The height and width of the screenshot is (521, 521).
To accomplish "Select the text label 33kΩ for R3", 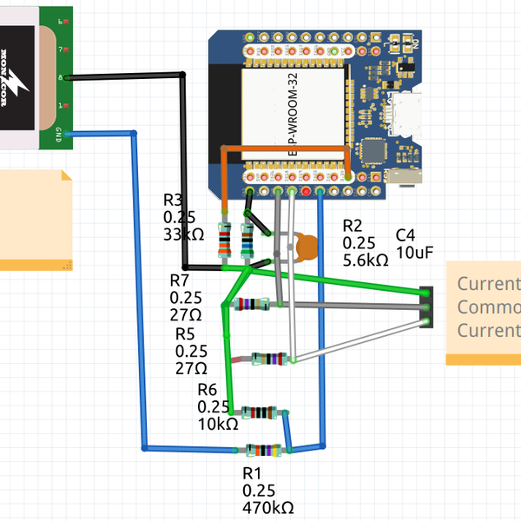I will (x=183, y=234).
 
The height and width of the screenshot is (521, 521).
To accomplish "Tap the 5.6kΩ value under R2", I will (x=366, y=260).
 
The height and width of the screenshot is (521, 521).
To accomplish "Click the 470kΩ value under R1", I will (x=268, y=506).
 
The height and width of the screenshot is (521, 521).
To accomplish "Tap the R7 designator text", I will (x=179, y=280).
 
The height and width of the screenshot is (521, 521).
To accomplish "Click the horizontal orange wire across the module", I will (x=287, y=148).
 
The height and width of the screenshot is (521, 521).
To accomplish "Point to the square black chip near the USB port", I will (x=373, y=151).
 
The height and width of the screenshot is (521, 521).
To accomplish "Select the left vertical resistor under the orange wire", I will (x=225, y=241).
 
